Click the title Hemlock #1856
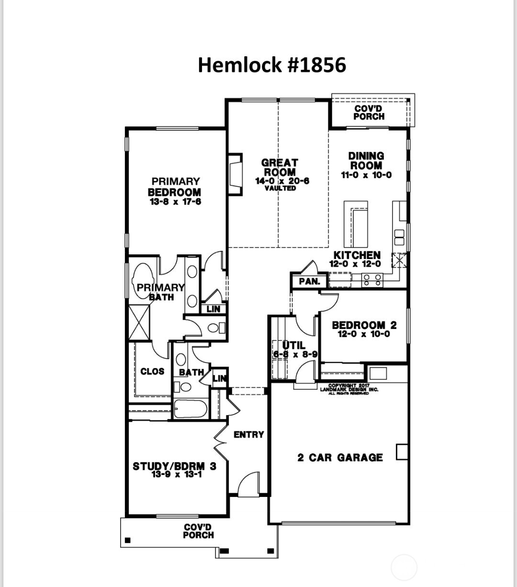coord(271,65)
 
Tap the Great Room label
coord(280,168)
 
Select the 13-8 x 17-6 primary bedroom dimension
coord(175,202)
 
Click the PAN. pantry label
coord(309,282)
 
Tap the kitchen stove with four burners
coord(372,280)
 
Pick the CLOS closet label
coord(152,372)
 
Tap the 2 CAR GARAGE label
coord(340,458)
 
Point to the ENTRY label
coord(248,435)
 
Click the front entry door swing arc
coord(247,483)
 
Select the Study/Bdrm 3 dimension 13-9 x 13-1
coord(175,474)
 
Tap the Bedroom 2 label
coord(364,326)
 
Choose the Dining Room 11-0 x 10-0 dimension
coord(366,175)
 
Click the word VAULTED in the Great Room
coord(280,188)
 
